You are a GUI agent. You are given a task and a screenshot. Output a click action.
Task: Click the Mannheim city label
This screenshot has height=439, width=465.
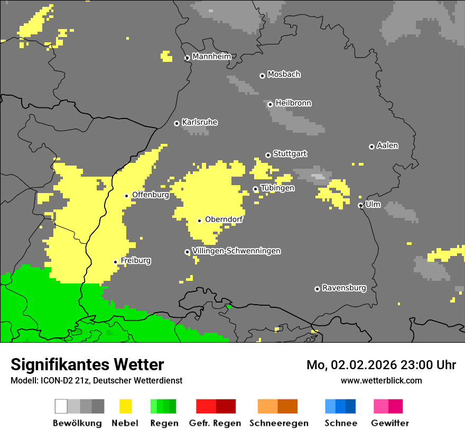211,57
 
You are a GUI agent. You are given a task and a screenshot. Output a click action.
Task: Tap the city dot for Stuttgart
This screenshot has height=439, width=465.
268,155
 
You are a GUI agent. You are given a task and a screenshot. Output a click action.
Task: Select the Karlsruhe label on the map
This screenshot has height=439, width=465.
199,122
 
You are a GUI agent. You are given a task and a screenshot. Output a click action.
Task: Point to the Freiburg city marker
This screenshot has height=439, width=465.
115,262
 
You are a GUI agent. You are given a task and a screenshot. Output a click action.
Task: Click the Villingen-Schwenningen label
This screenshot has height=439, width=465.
236,251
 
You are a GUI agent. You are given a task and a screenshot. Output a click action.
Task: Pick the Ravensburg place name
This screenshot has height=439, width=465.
344,288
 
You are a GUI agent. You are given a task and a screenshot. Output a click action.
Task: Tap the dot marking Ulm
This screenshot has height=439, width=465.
360,205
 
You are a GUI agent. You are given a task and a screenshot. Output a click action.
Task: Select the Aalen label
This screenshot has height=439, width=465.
387,145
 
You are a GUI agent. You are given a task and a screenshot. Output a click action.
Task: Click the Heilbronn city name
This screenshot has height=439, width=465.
293,103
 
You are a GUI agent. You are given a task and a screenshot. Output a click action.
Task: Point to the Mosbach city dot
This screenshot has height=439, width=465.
262,76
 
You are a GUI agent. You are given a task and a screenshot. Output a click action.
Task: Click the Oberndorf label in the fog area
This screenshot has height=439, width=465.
224,219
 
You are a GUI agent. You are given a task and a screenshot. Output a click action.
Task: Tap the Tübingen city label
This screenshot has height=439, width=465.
277,188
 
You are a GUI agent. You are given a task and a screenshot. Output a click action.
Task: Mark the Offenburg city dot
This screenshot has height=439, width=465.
126,196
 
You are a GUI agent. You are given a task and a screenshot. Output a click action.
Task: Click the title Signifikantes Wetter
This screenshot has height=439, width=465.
87,364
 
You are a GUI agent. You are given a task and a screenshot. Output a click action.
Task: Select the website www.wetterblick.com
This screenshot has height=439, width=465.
381,380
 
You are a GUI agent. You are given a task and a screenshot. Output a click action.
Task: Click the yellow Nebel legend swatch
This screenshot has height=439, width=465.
126,406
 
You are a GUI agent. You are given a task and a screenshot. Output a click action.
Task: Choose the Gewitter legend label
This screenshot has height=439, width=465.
389,423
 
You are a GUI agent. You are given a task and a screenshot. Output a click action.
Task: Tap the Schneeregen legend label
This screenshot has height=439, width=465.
279,423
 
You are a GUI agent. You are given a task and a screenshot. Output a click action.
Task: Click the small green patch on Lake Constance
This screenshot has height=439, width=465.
229,306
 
